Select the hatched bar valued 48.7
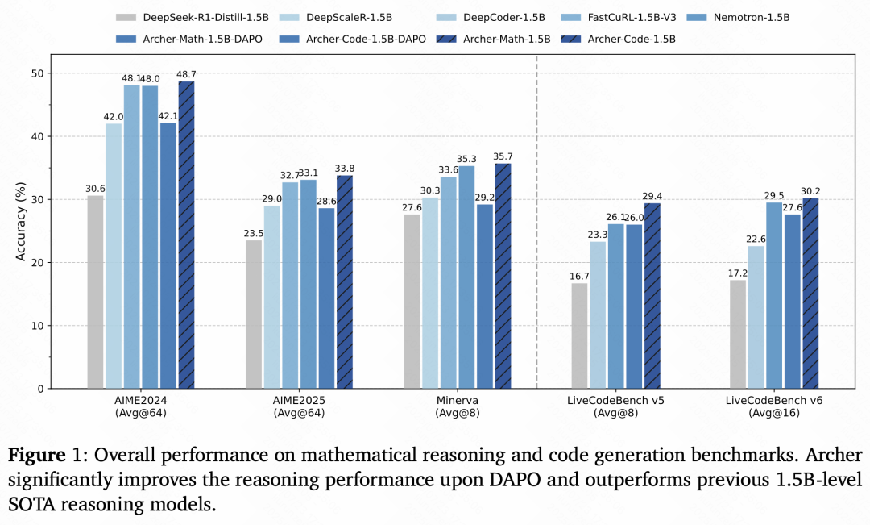(186, 235)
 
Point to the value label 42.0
(114, 117)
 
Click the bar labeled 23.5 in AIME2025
(254, 315)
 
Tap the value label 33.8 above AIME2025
(345, 169)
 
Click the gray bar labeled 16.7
(580, 335)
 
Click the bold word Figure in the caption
(35, 455)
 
